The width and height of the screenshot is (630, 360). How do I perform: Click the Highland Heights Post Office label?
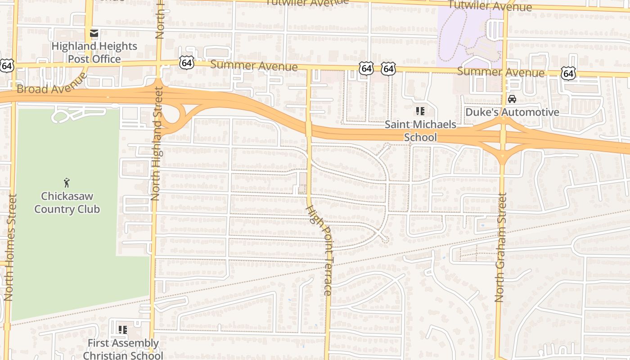[94, 53]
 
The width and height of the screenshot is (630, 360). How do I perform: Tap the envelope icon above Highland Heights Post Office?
[94, 33]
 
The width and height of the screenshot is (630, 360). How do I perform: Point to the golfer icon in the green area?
[67, 183]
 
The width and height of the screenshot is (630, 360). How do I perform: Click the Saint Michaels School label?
[420, 130]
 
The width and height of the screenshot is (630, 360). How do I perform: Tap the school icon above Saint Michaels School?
[420, 111]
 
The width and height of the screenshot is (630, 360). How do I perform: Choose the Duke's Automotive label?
[512, 112]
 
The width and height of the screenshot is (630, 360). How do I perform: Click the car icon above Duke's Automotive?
[512, 99]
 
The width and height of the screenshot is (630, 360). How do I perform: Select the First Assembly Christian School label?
[123, 349]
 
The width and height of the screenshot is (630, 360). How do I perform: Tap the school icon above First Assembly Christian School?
[123, 330]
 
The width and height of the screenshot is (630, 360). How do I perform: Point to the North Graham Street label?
[500, 247]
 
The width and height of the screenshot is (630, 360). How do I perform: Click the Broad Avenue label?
[52, 84]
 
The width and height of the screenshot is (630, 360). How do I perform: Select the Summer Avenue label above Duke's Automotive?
[501, 72]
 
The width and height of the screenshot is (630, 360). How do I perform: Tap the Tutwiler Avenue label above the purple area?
[490, 6]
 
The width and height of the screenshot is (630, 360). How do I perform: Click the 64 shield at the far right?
[569, 72]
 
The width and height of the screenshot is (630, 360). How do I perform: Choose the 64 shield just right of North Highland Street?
[186, 63]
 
